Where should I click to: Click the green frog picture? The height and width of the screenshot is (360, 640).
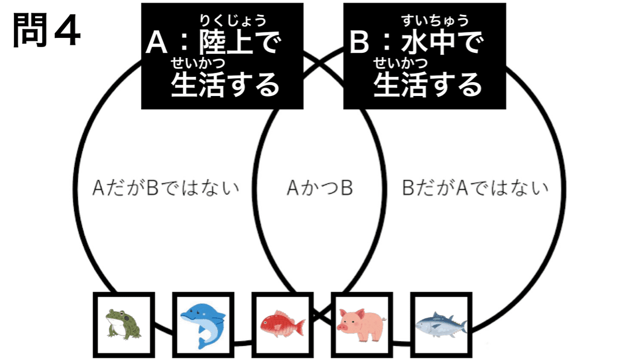[123, 324]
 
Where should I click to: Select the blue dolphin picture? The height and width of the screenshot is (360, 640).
[203, 324]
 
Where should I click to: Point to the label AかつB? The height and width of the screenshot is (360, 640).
[319, 188]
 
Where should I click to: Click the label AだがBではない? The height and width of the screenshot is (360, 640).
[165, 188]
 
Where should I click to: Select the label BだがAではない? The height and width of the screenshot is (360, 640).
[475, 188]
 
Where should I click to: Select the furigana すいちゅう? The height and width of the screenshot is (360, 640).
[435, 21]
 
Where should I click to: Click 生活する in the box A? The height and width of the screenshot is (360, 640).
[225, 84]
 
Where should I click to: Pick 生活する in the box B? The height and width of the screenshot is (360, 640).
[428, 84]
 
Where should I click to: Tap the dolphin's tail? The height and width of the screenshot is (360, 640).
[203, 341]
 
